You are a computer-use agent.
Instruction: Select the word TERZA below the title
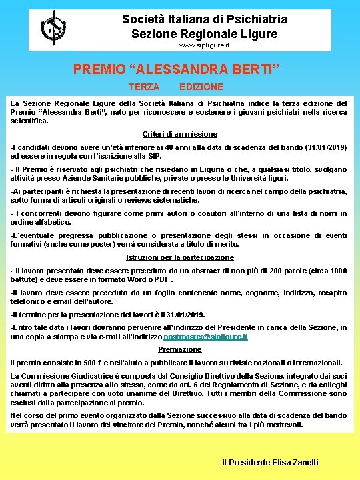tap(143, 87)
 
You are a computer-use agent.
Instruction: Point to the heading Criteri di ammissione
tap(180, 134)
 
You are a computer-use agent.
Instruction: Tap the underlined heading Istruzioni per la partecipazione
tap(180, 258)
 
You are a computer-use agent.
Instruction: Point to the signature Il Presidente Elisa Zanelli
tap(270, 462)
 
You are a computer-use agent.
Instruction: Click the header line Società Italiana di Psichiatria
tap(205, 19)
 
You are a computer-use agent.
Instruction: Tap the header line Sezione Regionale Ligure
tap(205, 33)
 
